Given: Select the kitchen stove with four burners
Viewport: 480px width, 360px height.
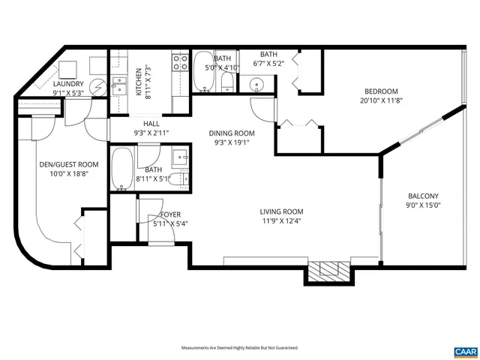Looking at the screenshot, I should (180, 61).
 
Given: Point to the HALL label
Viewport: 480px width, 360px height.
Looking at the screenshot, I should (151, 124).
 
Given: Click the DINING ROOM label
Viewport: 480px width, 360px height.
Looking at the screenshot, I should (232, 133).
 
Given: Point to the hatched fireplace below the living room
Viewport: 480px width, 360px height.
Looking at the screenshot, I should (328, 271).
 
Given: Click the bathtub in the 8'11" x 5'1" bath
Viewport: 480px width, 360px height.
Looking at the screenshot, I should (123, 169).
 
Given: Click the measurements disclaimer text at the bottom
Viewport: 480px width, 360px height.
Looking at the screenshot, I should (240, 348).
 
